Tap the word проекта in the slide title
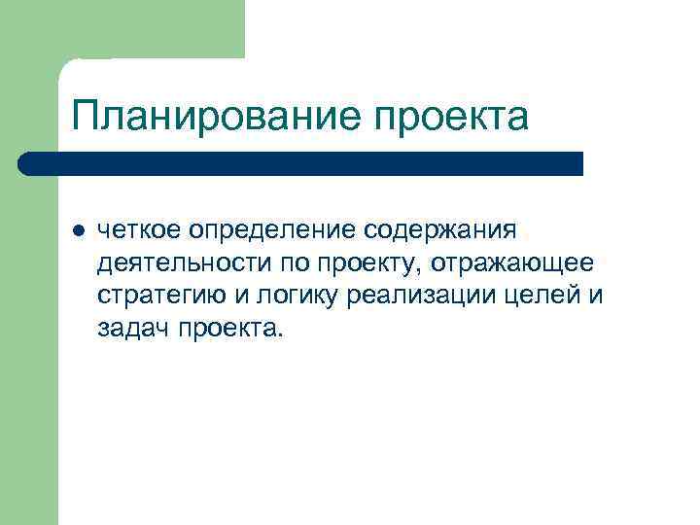pyautogui.click(x=450, y=117)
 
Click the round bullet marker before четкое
pyautogui.click(x=78, y=232)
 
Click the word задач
pyautogui.click(x=130, y=329)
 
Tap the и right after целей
pyautogui.click(x=596, y=297)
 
